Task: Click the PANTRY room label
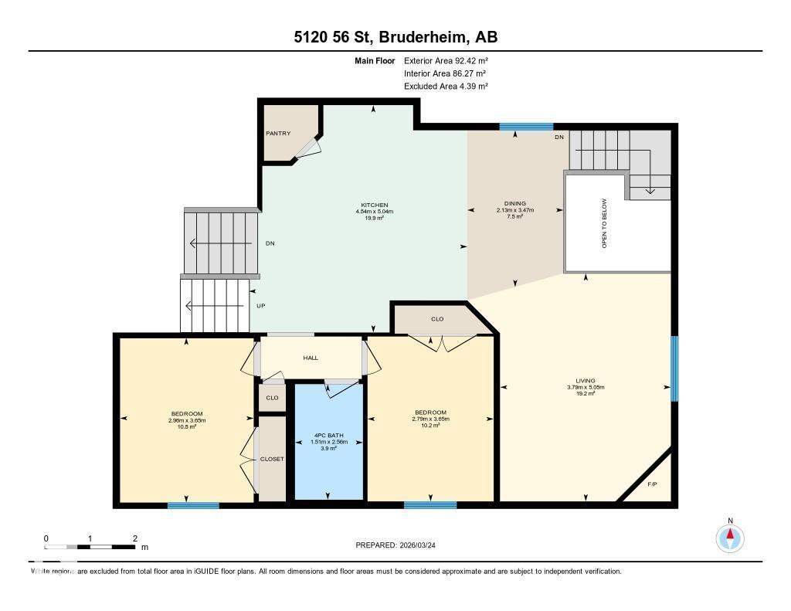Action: tap(278, 134)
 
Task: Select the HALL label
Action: tap(311, 358)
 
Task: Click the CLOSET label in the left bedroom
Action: tap(272, 459)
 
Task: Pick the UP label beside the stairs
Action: tap(261, 306)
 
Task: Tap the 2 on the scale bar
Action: tap(134, 538)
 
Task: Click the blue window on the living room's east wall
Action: tap(674, 368)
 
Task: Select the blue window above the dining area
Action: tap(526, 127)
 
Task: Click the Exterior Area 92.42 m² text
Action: tap(446, 60)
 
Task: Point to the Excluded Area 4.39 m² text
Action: tap(446, 87)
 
